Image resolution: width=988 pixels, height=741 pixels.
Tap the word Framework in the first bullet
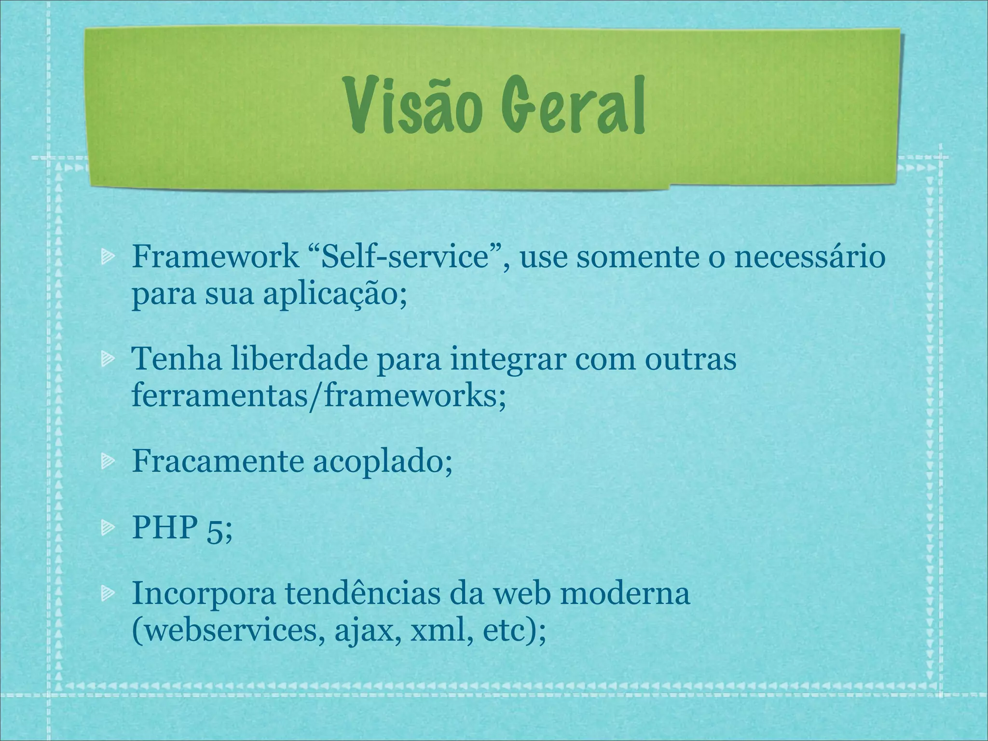[215, 257]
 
